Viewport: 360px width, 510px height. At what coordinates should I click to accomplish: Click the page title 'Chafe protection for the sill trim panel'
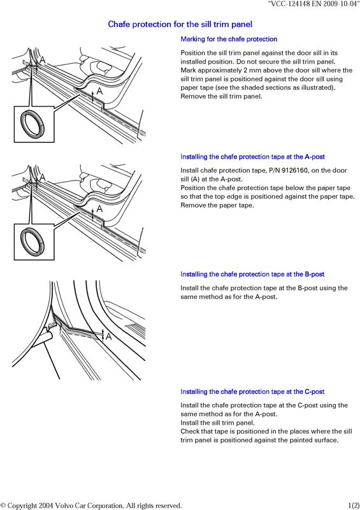pos(180,24)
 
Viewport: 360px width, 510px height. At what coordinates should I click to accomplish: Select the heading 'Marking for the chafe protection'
pos(229,39)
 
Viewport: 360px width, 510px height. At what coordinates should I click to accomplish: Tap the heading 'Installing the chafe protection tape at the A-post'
pos(253,157)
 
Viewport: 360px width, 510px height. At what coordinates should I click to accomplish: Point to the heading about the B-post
pos(253,274)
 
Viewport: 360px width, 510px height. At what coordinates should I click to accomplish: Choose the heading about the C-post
pos(253,391)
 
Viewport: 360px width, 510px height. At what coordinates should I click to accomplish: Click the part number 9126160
pos(294,170)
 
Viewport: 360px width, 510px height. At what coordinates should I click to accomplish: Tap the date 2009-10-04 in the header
pos(340,4)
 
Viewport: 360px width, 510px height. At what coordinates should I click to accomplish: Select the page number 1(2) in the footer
pos(354,506)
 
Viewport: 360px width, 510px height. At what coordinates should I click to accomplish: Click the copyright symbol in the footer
pos(3,506)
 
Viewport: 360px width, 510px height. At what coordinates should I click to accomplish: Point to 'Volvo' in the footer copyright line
pos(64,506)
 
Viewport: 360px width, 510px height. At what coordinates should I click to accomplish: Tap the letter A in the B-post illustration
pos(108,337)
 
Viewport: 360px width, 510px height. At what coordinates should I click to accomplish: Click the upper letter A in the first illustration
pos(42,60)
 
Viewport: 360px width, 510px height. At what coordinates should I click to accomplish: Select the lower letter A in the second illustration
pos(99,208)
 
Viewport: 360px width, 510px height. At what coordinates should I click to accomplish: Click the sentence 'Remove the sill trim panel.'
pos(221,97)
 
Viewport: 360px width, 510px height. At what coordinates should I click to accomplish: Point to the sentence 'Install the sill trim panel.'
pos(217,423)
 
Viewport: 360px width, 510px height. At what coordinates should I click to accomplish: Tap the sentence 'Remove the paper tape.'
pos(217,205)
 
